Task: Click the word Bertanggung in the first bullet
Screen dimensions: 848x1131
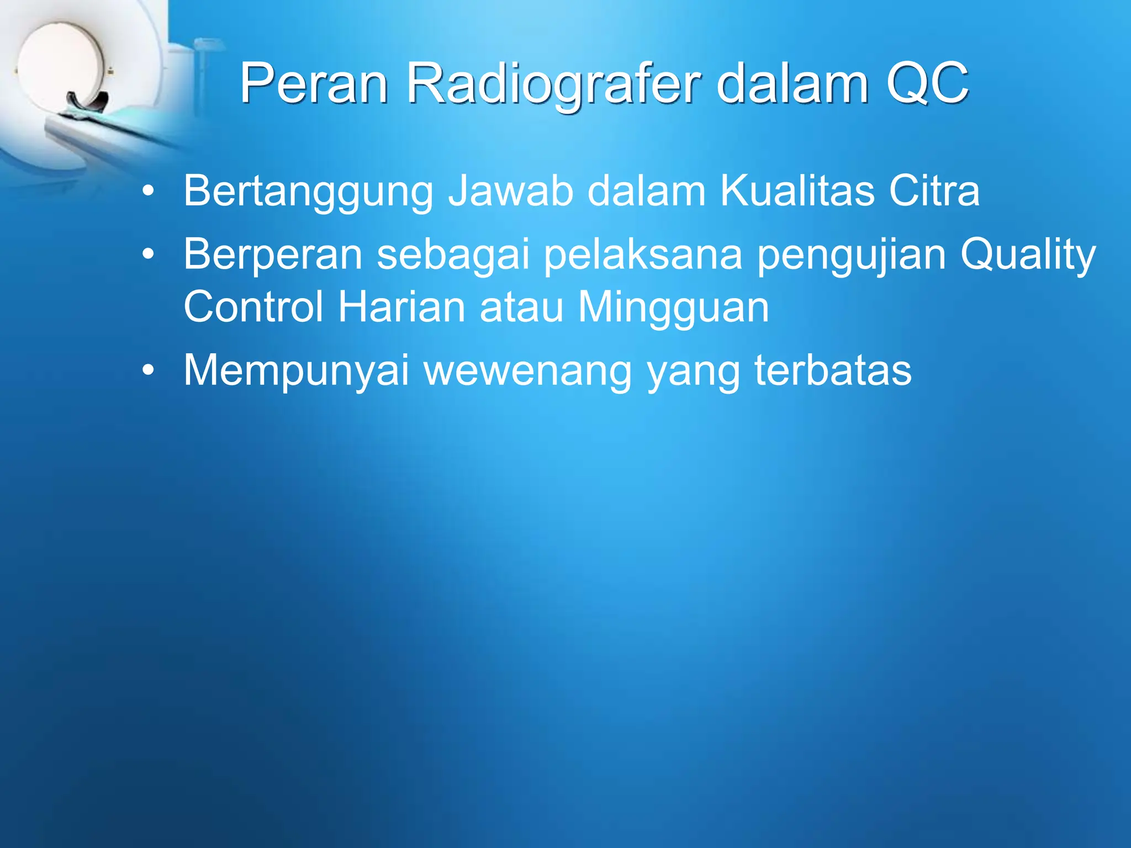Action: [x=308, y=192]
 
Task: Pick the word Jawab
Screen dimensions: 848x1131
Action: [x=510, y=192]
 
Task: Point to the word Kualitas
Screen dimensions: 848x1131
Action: [x=797, y=192]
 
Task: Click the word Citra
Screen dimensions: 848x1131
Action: [x=934, y=192]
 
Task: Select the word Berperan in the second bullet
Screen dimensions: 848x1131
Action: [x=273, y=255]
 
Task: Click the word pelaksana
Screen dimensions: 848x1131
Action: [x=643, y=255]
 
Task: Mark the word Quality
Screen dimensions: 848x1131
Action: [x=1028, y=255]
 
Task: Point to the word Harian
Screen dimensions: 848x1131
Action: [x=401, y=307]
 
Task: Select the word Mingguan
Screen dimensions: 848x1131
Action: [x=673, y=308]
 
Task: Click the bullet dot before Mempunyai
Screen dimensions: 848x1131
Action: [x=147, y=370]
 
